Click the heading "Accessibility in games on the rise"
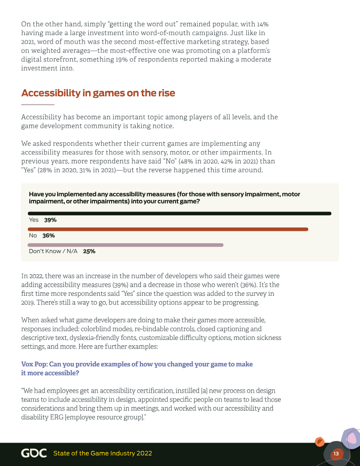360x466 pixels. (98, 93)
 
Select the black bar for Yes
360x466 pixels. (180, 213)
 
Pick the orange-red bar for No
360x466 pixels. (168, 229)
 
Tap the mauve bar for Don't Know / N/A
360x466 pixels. (126, 245)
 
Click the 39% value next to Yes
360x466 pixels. (50, 220)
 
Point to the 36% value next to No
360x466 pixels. (49, 235)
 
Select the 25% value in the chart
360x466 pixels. (89, 251)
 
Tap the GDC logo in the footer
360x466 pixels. (34, 453)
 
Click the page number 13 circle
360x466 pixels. (336, 454)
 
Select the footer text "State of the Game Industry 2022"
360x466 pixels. (103, 453)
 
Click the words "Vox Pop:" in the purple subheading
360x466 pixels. (34, 364)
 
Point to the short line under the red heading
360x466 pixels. (38, 104)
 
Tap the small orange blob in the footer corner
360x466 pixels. (319, 442)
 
